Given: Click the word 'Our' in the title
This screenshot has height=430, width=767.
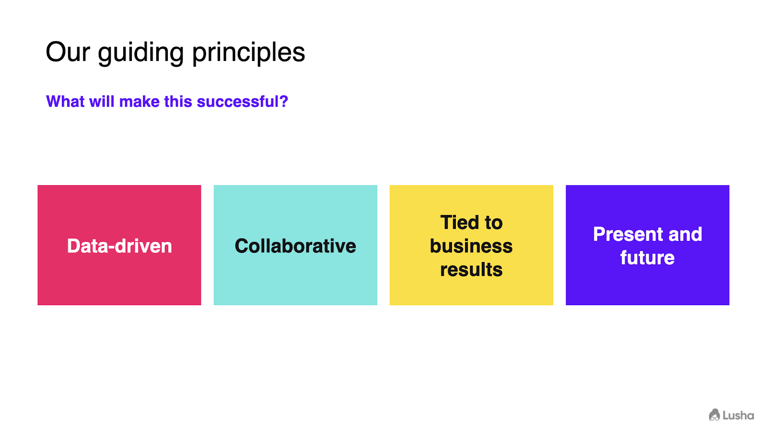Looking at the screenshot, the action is [68, 52].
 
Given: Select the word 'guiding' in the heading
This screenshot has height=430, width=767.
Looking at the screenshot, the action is [141, 53].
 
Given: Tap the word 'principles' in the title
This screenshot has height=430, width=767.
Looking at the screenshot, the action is [249, 53].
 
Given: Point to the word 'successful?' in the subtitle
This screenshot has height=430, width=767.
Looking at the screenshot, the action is [243, 101].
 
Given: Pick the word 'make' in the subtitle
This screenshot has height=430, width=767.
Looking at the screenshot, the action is [139, 101].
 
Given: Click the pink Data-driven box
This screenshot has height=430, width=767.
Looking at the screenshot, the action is [119, 245].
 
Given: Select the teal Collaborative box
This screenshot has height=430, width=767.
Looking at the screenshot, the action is [295, 245].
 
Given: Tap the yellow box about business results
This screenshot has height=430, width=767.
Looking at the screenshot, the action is [471, 245].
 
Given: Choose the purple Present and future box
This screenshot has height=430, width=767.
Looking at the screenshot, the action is [648, 245].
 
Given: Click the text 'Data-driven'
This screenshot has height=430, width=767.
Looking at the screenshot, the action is [119, 246].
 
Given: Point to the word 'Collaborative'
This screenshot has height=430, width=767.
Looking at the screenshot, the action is [295, 246].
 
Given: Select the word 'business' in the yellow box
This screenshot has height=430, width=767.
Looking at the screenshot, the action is [471, 246].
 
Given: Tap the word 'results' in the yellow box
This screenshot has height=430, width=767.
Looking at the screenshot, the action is [471, 270].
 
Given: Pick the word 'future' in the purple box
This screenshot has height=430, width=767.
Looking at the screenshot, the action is [648, 258].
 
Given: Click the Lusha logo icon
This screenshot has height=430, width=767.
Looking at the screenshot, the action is [714, 415].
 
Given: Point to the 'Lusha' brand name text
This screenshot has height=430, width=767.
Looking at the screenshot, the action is [739, 415].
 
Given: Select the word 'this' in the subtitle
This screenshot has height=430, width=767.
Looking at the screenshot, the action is [178, 101].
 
